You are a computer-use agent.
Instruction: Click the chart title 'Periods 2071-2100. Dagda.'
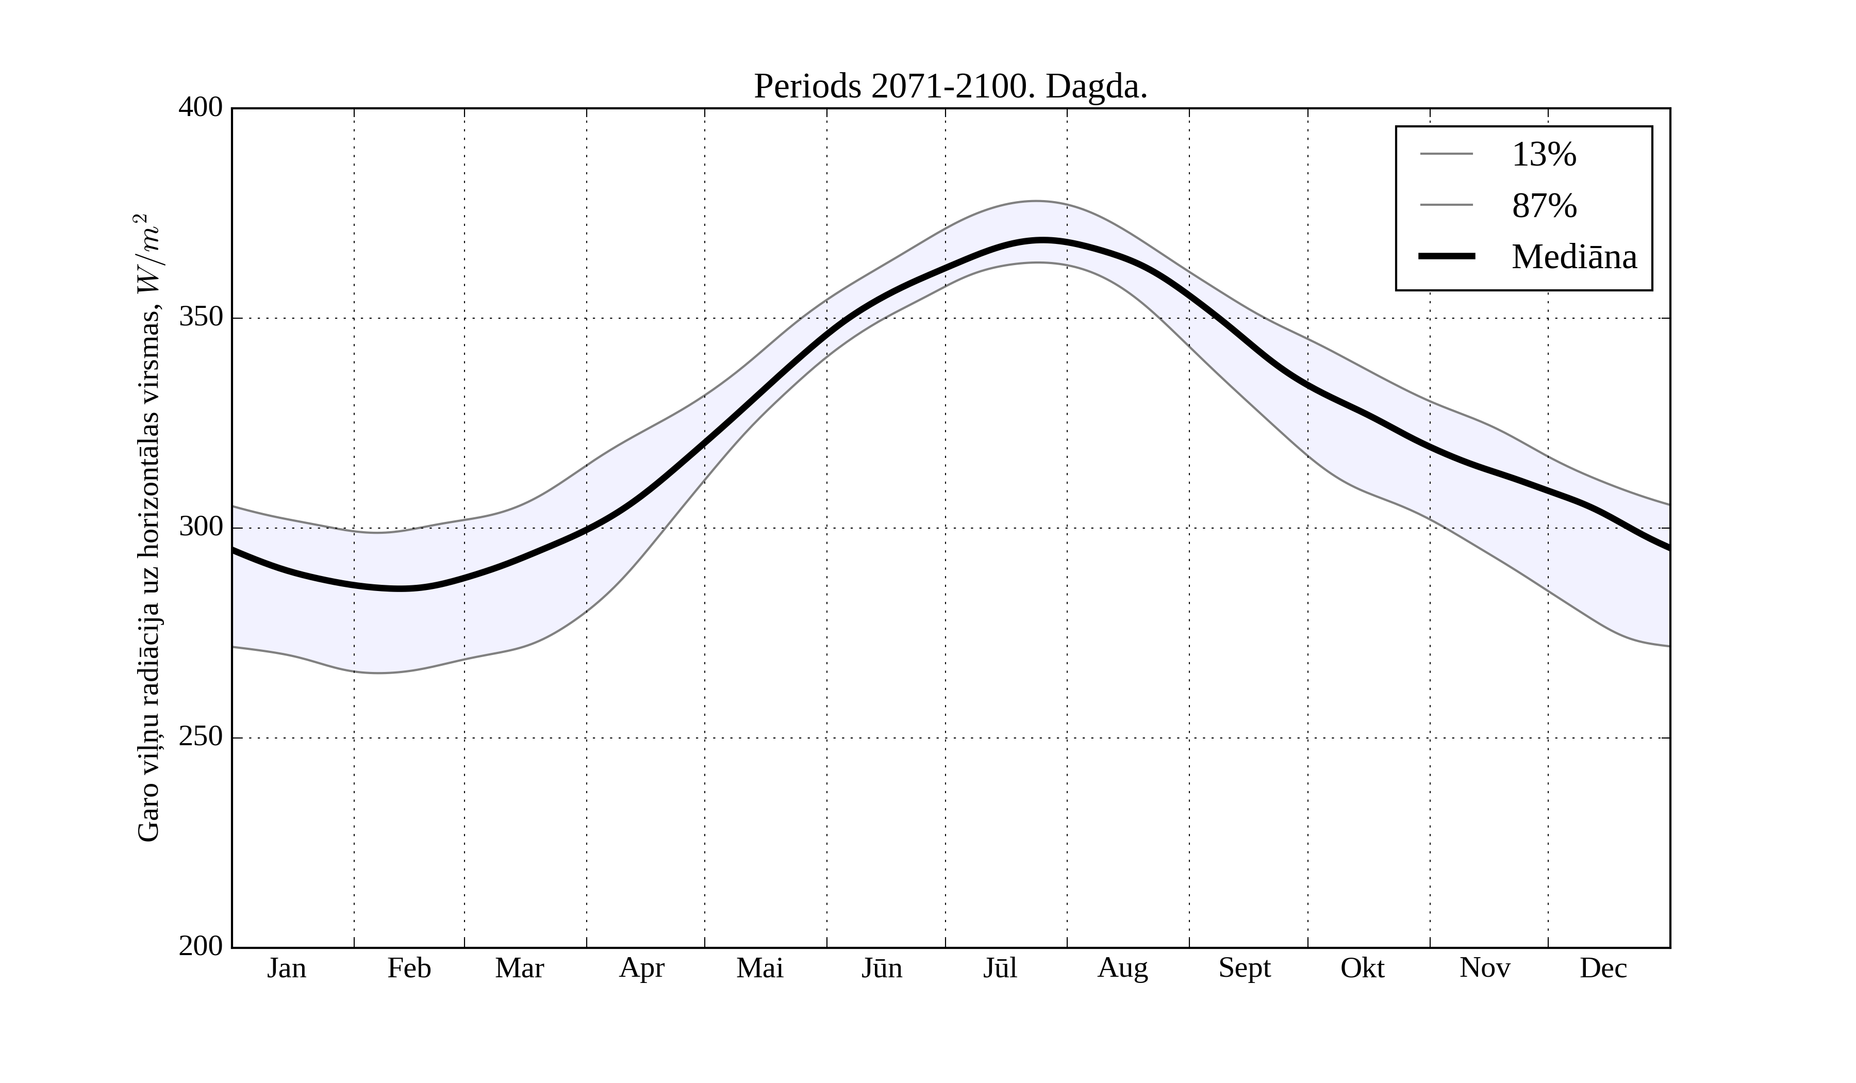(950, 87)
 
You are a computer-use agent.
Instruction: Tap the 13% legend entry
(1543, 155)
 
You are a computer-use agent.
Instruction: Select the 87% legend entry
(1543, 206)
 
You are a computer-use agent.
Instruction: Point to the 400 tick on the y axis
(201, 108)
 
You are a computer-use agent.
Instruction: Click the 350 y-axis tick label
(201, 318)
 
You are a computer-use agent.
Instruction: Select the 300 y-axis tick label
(201, 528)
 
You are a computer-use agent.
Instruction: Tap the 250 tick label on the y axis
(201, 737)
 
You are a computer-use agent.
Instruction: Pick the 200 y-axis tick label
(201, 947)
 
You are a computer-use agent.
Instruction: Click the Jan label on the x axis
(287, 968)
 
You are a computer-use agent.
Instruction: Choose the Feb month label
(409, 968)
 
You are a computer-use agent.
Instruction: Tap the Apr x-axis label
(641, 968)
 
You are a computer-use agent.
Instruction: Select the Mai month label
(759, 968)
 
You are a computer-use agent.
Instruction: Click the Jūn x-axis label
(882, 968)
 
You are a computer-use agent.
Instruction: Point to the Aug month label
(1122, 968)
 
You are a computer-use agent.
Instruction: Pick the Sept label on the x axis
(1245, 968)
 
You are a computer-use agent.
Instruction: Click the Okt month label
(1363, 968)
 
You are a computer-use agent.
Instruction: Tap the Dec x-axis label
(1603, 968)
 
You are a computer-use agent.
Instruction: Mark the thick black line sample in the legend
(1447, 256)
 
